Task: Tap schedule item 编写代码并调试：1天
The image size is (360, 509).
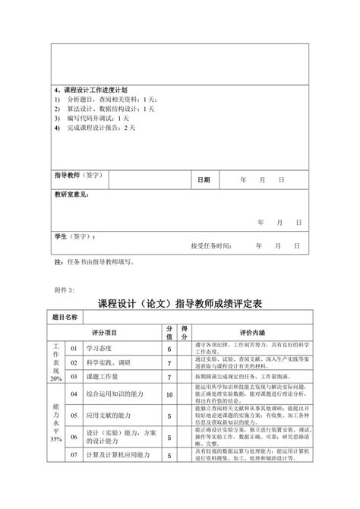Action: (x=98, y=118)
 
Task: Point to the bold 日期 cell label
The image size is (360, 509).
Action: (x=204, y=180)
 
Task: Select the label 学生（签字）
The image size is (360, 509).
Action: (x=74, y=236)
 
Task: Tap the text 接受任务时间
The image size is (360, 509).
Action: (x=212, y=246)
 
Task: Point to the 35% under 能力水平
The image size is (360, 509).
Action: (x=56, y=439)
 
